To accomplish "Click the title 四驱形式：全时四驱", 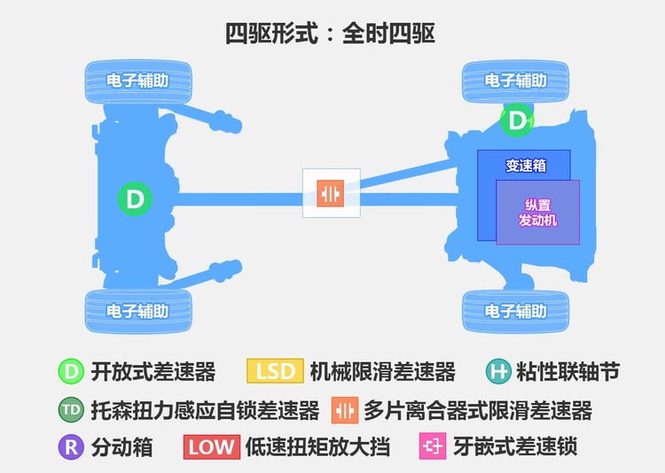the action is [330, 33].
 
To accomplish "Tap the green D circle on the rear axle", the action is [135, 198].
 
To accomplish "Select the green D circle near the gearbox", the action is [517, 120].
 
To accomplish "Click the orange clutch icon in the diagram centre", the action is [331, 193].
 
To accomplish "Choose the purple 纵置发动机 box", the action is [538, 213].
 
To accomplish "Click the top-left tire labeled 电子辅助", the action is [138, 81].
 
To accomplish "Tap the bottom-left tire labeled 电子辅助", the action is [138, 312].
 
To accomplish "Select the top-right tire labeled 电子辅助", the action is [515, 81].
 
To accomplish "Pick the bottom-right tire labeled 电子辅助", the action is [515, 312].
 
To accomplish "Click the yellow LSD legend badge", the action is [275, 371].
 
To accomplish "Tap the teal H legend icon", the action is [498, 372].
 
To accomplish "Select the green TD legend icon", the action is [71, 410].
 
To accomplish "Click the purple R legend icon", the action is [71, 446].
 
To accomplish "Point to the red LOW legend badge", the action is [212, 447].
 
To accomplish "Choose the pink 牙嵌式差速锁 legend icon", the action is [433, 446].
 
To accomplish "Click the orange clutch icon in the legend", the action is [345, 410].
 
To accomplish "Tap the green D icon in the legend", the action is [71, 371].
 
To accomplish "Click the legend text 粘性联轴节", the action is [567, 372].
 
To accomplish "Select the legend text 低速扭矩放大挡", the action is [317, 447].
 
